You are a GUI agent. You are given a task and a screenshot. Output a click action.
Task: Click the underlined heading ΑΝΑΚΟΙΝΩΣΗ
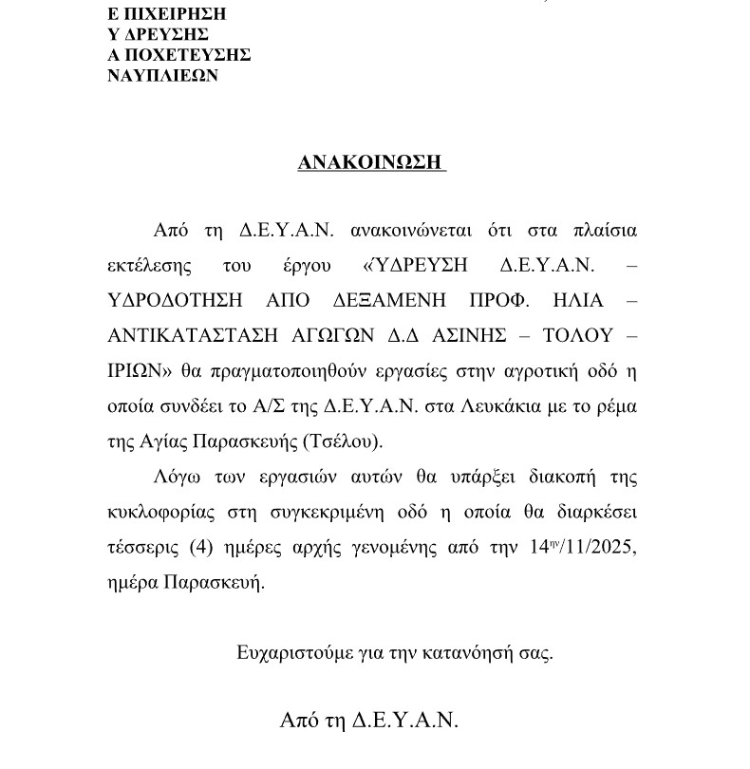coord(371,162)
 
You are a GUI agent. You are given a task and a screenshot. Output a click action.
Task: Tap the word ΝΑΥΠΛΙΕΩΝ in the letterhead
coord(164,75)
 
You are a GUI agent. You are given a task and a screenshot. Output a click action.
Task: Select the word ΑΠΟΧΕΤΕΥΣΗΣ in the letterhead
coord(180,55)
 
